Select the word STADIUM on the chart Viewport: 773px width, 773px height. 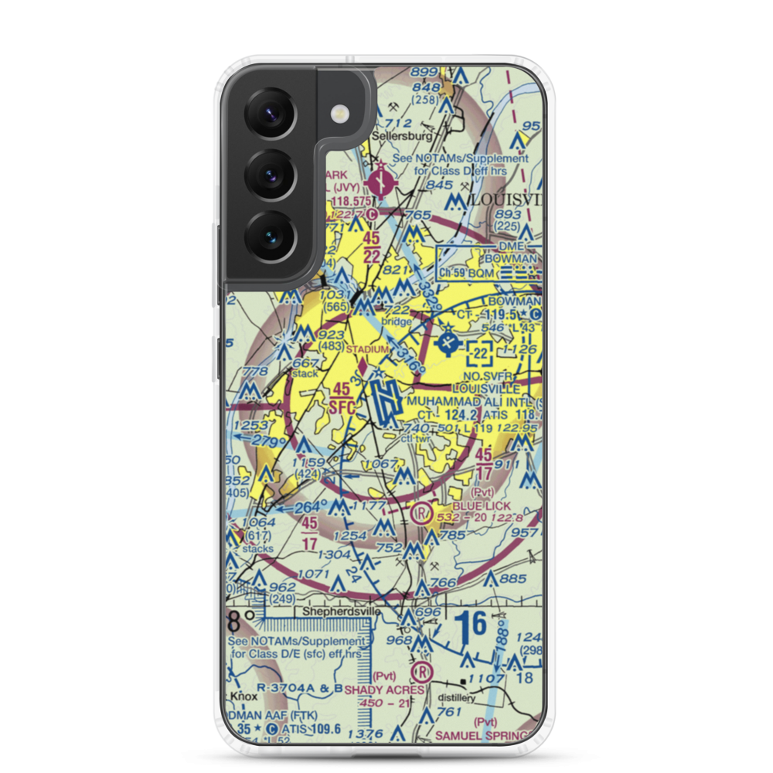pos(366,349)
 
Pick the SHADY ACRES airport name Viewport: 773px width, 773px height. pos(384,690)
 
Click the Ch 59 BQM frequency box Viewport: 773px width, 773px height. pos(467,273)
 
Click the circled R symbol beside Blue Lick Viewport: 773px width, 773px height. pos(421,512)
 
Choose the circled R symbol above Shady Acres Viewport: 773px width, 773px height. pos(422,669)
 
